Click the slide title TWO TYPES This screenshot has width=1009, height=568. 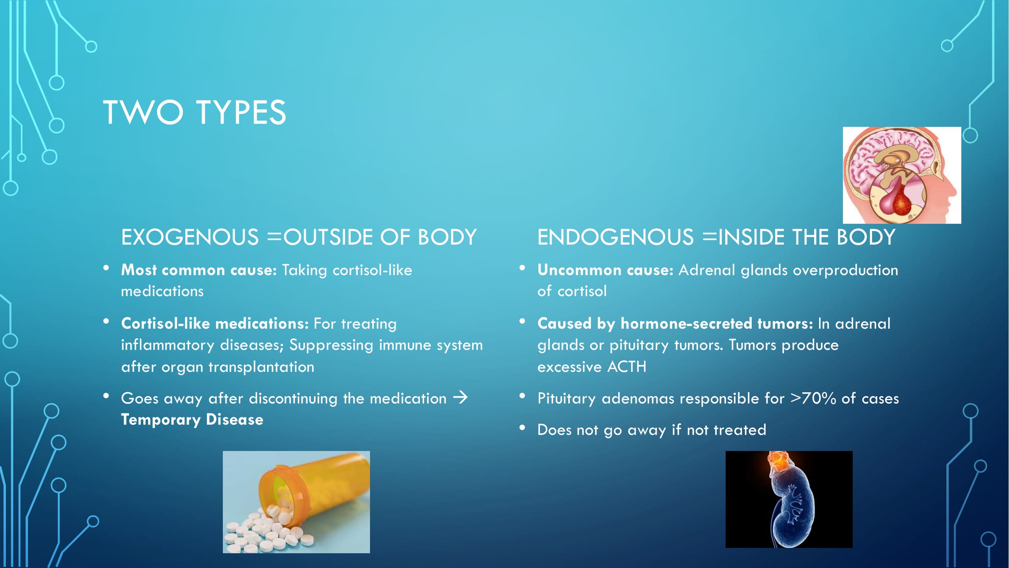(194, 112)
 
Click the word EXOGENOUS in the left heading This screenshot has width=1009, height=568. (190, 237)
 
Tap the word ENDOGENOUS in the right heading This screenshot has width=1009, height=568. (615, 237)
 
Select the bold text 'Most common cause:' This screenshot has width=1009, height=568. (199, 270)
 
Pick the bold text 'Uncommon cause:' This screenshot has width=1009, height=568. (605, 270)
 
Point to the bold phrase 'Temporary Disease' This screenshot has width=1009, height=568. (192, 420)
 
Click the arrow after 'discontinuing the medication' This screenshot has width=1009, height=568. (460, 398)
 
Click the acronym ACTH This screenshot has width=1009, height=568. (627, 367)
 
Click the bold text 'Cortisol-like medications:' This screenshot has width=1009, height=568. (215, 324)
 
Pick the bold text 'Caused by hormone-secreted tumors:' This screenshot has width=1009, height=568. (675, 324)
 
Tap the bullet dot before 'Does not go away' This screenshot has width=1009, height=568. (522, 428)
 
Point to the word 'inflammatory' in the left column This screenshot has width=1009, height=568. (168, 345)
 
